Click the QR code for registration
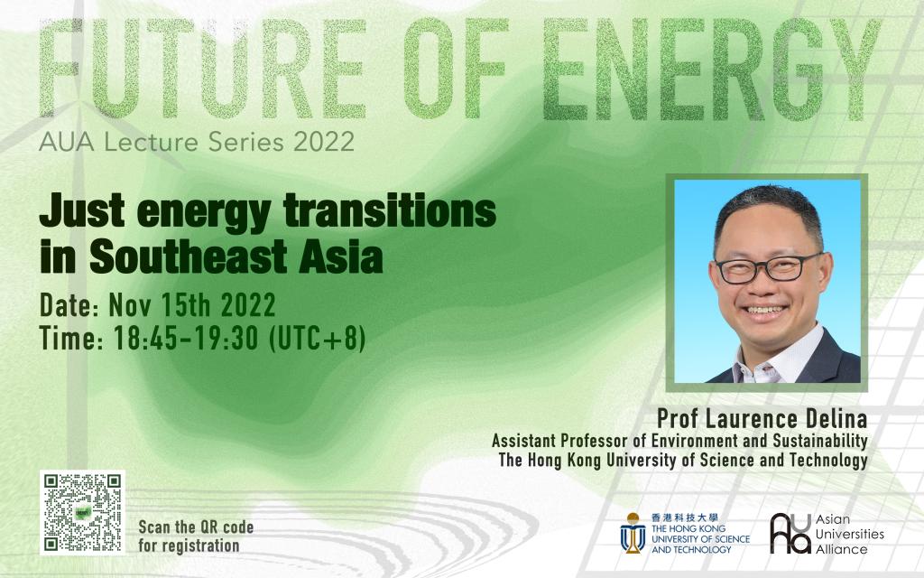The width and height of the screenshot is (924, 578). click(82, 513)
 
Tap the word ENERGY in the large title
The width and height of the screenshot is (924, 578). click(711, 69)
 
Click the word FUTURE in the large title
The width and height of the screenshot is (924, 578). click(202, 69)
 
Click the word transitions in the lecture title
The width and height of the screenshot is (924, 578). click(390, 211)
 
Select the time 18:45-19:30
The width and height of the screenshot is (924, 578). click(186, 338)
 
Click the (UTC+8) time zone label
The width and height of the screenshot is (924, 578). click(317, 339)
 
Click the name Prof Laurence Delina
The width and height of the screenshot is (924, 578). click(762, 419)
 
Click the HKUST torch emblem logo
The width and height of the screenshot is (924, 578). click(633, 533)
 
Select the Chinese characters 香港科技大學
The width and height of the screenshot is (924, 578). click(685, 517)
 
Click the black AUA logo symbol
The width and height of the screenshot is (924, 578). click(790, 533)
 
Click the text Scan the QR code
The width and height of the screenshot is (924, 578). click(196, 527)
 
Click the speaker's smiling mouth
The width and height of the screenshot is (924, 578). click(765, 310)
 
